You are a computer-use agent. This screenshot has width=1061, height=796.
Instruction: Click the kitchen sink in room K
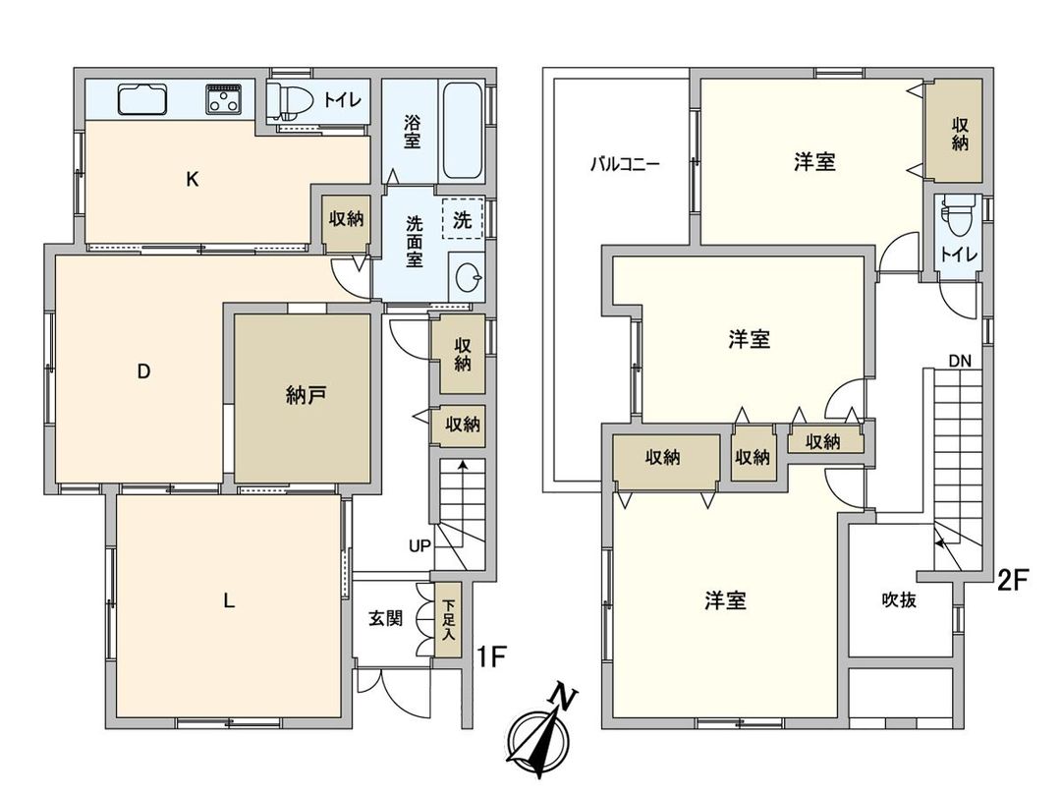(x=141, y=99)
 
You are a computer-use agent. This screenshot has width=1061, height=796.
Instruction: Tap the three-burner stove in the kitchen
(x=225, y=99)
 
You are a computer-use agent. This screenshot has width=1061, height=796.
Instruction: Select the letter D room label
(x=143, y=371)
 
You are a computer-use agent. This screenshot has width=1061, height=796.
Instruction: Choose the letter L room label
(x=228, y=601)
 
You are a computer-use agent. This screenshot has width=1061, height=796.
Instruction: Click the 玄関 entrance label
(x=385, y=619)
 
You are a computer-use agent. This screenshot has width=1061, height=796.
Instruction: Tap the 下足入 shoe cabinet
(x=448, y=621)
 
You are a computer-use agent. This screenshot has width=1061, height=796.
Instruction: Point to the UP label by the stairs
(x=419, y=545)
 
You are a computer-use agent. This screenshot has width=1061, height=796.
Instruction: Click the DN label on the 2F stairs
(x=960, y=361)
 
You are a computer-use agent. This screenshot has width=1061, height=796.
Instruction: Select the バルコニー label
(x=624, y=164)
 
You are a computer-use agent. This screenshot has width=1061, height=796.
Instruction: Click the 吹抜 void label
(x=899, y=599)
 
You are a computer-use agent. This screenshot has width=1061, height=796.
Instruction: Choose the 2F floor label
(x=1012, y=580)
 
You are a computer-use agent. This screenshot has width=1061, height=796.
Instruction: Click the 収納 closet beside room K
(x=346, y=219)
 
